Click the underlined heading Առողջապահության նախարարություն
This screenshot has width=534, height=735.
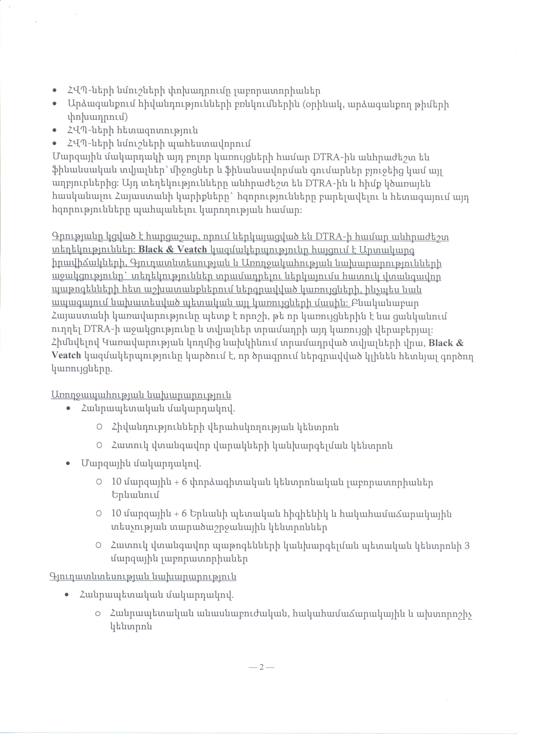(141, 395)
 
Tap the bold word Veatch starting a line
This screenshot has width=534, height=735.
(66, 356)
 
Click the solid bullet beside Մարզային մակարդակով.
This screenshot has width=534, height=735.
(68, 464)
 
